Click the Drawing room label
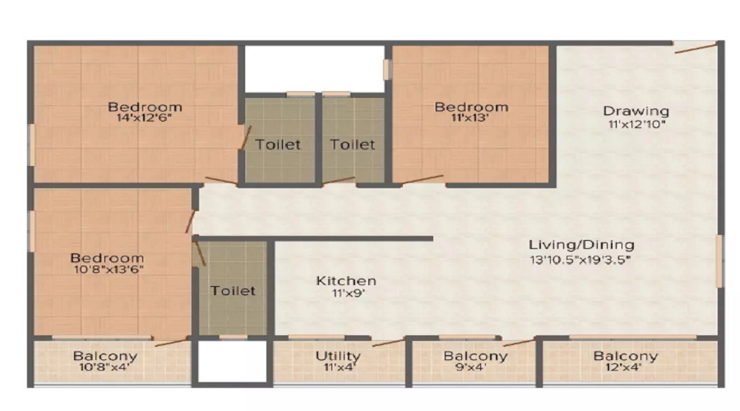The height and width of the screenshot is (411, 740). [x=636, y=111]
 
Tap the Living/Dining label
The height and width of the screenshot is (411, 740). [x=581, y=244]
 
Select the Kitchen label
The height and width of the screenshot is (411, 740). [x=346, y=281]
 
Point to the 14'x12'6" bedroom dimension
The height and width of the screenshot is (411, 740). [x=144, y=118]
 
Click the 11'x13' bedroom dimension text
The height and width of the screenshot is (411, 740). [x=469, y=118]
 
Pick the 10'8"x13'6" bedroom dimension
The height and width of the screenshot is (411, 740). [x=109, y=270]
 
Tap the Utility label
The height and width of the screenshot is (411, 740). [x=338, y=356]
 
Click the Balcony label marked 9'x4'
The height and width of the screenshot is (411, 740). [x=475, y=356]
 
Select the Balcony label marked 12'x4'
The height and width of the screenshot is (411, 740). [x=626, y=356]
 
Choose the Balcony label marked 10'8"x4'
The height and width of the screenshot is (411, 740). [x=105, y=356]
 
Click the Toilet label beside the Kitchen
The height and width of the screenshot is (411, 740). [x=233, y=291]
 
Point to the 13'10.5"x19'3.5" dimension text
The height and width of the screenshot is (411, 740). [x=580, y=259]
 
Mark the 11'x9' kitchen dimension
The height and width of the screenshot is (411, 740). [x=349, y=293]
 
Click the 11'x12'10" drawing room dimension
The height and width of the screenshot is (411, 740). [x=636, y=125]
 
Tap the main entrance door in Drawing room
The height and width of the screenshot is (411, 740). [x=696, y=47]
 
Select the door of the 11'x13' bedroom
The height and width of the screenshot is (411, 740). [x=422, y=179]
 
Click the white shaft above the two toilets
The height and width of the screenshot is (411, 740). [x=315, y=69]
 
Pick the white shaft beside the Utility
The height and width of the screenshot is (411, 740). [x=232, y=362]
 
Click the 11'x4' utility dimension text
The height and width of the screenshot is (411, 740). [x=339, y=367]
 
